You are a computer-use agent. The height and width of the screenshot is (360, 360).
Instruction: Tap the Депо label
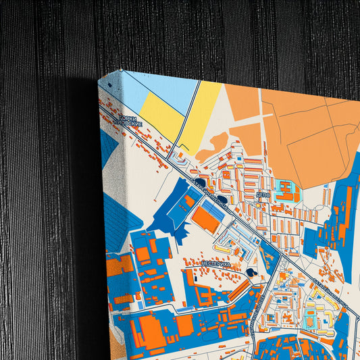tap(263, 194)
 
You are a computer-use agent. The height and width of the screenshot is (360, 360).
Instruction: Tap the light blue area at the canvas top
tap(162, 88)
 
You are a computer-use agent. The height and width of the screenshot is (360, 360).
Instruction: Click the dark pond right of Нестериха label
tap(252, 272)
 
